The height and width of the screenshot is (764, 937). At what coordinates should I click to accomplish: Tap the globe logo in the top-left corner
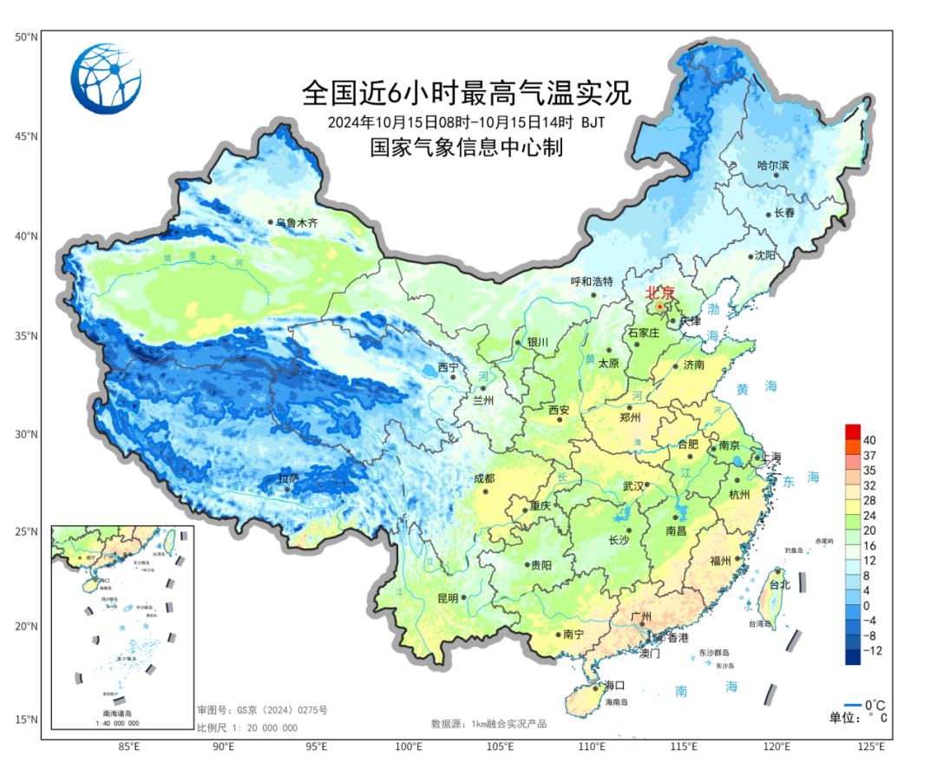click(x=106, y=78)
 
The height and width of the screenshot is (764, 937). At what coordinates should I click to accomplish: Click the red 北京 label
click(x=661, y=293)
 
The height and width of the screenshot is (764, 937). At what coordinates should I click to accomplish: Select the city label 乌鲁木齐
click(x=297, y=223)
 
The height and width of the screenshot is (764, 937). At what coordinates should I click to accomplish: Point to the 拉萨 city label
click(x=289, y=478)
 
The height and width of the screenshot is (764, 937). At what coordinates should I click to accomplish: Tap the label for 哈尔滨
click(x=773, y=165)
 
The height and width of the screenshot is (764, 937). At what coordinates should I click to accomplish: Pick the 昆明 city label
click(x=448, y=597)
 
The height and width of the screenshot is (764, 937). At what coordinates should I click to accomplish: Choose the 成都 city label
click(x=483, y=478)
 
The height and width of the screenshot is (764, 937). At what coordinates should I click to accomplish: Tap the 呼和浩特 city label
click(x=592, y=282)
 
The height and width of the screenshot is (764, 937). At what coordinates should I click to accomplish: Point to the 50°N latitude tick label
click(x=25, y=37)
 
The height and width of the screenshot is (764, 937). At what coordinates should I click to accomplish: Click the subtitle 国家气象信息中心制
click(x=466, y=148)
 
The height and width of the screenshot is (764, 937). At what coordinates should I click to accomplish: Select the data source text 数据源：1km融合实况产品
click(x=488, y=723)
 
